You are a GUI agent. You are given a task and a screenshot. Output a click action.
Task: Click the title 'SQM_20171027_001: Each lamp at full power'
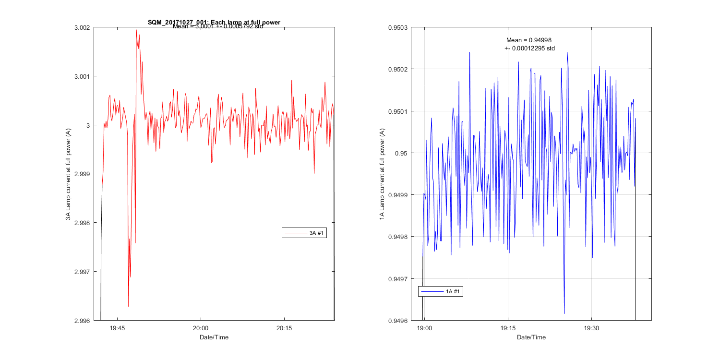pyautogui.click(x=214, y=22)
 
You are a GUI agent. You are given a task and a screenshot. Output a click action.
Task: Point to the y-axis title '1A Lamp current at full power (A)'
pyautogui.click(x=382, y=174)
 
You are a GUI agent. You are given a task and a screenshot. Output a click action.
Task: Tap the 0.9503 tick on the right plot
pyautogui.click(x=398, y=27)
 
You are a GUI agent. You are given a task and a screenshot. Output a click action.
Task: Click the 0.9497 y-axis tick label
pyautogui.click(x=398, y=278)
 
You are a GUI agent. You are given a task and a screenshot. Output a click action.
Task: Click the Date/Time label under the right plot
pyautogui.click(x=531, y=337)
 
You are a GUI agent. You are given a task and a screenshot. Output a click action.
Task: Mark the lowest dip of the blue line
pyautogui.click(x=564, y=313)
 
